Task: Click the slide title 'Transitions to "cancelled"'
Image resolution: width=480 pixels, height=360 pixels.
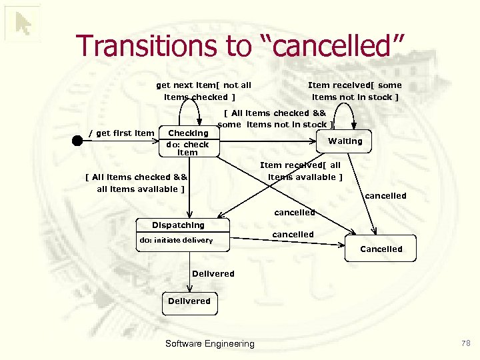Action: [x=241, y=45]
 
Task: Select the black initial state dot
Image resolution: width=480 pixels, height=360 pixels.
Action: [x=77, y=141]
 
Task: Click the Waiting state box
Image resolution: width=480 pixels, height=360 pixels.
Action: [x=345, y=141]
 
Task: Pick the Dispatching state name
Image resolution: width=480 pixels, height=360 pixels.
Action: [x=178, y=225]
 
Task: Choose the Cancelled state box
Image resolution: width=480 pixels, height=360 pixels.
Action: [x=381, y=249]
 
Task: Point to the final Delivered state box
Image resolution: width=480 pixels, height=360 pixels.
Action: [x=189, y=301]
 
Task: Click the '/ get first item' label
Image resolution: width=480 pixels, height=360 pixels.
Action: [x=121, y=133]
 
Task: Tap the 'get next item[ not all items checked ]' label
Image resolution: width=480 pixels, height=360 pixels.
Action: [x=203, y=91]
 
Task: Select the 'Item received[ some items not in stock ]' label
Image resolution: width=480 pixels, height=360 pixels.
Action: [x=355, y=91]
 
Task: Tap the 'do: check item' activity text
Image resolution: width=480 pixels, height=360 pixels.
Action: [x=187, y=148]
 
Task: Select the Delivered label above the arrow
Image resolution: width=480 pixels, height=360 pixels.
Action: [x=213, y=273]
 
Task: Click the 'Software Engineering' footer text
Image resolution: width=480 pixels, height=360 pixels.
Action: [x=209, y=343]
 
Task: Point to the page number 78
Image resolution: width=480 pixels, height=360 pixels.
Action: [x=465, y=343]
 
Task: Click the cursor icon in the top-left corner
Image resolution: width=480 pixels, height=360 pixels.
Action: [x=23, y=24]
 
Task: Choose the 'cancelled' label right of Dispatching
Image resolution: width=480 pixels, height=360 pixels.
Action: [x=293, y=235]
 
